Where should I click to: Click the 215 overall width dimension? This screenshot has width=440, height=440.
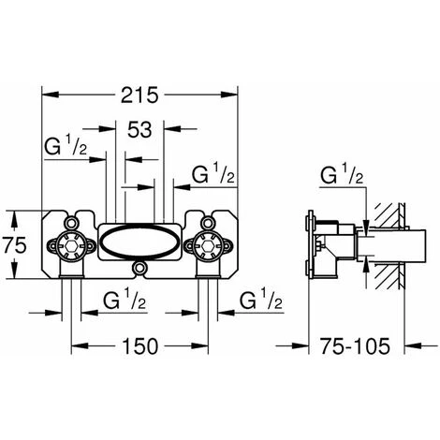click(139, 95)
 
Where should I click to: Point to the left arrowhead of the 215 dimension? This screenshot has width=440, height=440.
click(47, 95)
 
